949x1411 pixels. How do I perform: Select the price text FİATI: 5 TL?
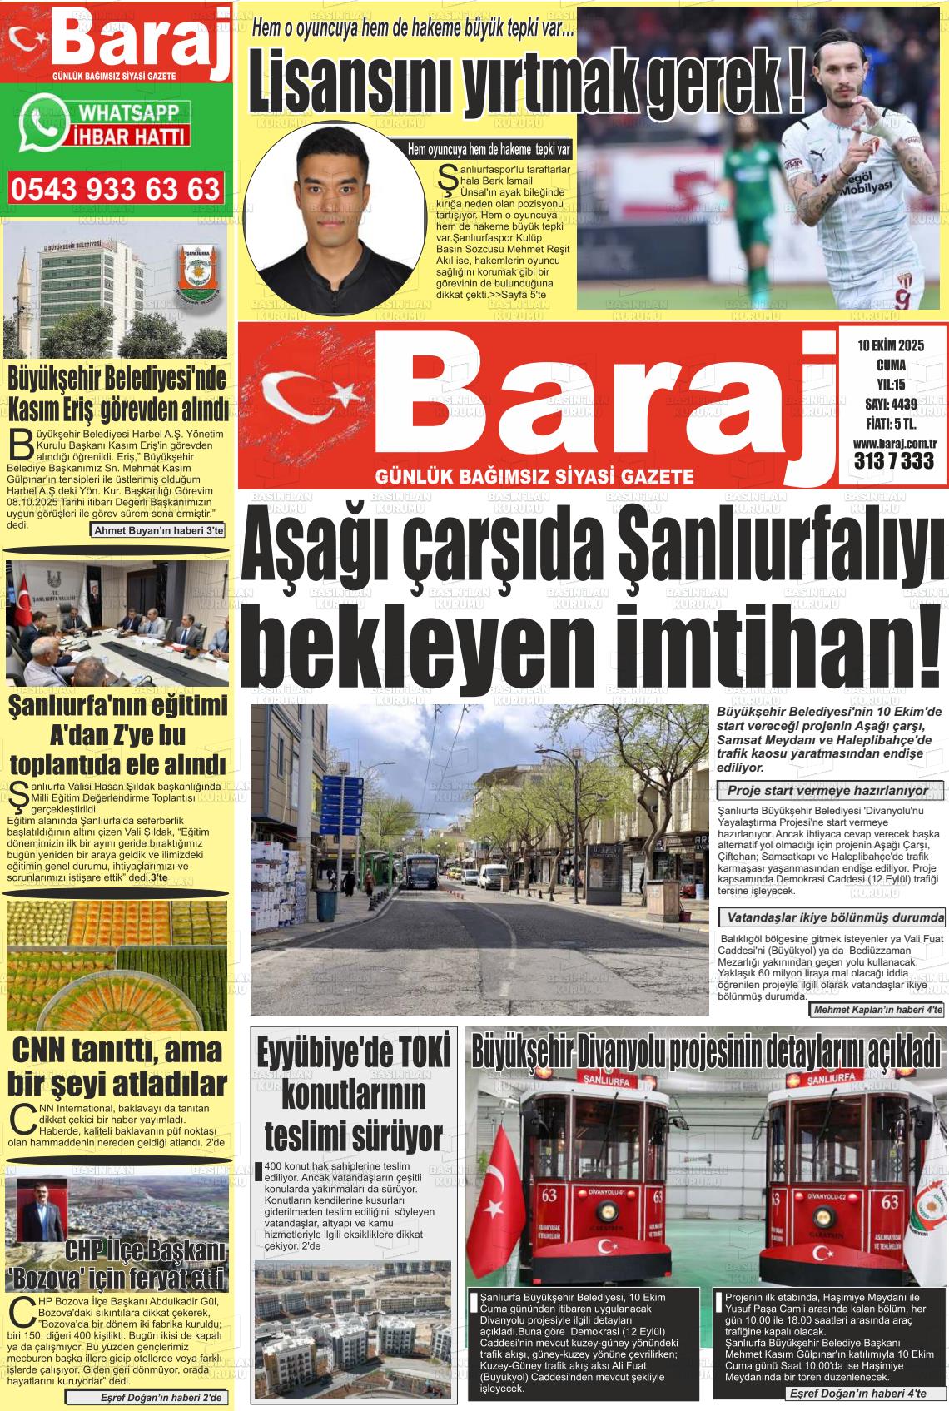pos(890,425)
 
